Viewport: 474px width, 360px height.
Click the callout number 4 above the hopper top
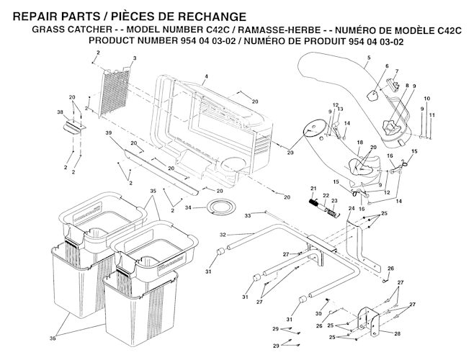click(206, 76)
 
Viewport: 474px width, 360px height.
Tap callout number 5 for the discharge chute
click(368, 58)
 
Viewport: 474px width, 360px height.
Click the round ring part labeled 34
click(216, 208)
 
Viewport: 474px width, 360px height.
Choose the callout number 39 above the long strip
click(109, 134)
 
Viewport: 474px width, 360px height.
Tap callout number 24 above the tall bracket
click(351, 209)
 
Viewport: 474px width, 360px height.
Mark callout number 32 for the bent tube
click(223, 235)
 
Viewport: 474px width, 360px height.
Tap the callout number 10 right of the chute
click(426, 97)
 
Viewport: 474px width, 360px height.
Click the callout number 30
click(318, 313)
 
